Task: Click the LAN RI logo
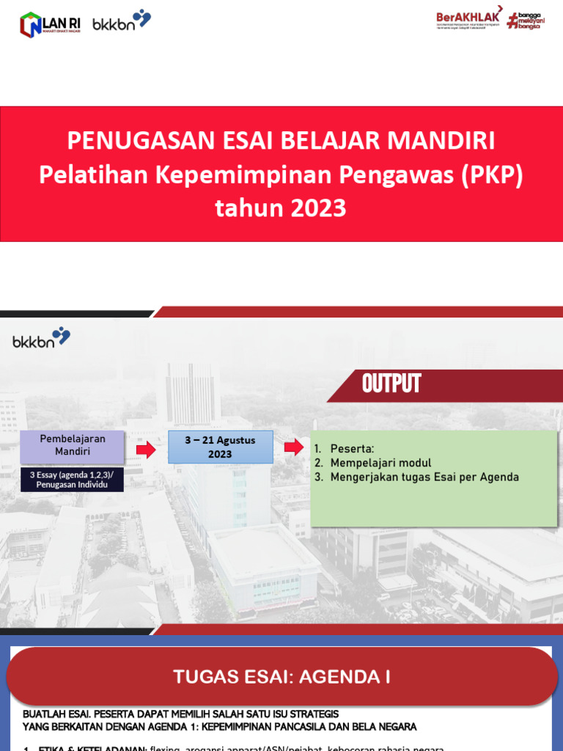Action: (50, 24)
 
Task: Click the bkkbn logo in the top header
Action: (122, 21)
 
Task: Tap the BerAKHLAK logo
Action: (468, 19)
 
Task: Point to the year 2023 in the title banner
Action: (317, 208)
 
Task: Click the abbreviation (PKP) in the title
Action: (491, 175)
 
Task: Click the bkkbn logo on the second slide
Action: (41, 340)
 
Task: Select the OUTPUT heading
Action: (391, 384)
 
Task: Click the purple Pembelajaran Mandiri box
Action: (72, 445)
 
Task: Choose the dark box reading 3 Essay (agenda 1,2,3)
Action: (72, 480)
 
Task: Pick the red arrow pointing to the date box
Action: (147, 449)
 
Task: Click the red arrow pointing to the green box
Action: (293, 447)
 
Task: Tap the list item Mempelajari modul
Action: (380, 463)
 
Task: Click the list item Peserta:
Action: (352, 449)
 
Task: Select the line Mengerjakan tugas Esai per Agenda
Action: (424, 477)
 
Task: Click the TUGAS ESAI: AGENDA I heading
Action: (281, 677)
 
